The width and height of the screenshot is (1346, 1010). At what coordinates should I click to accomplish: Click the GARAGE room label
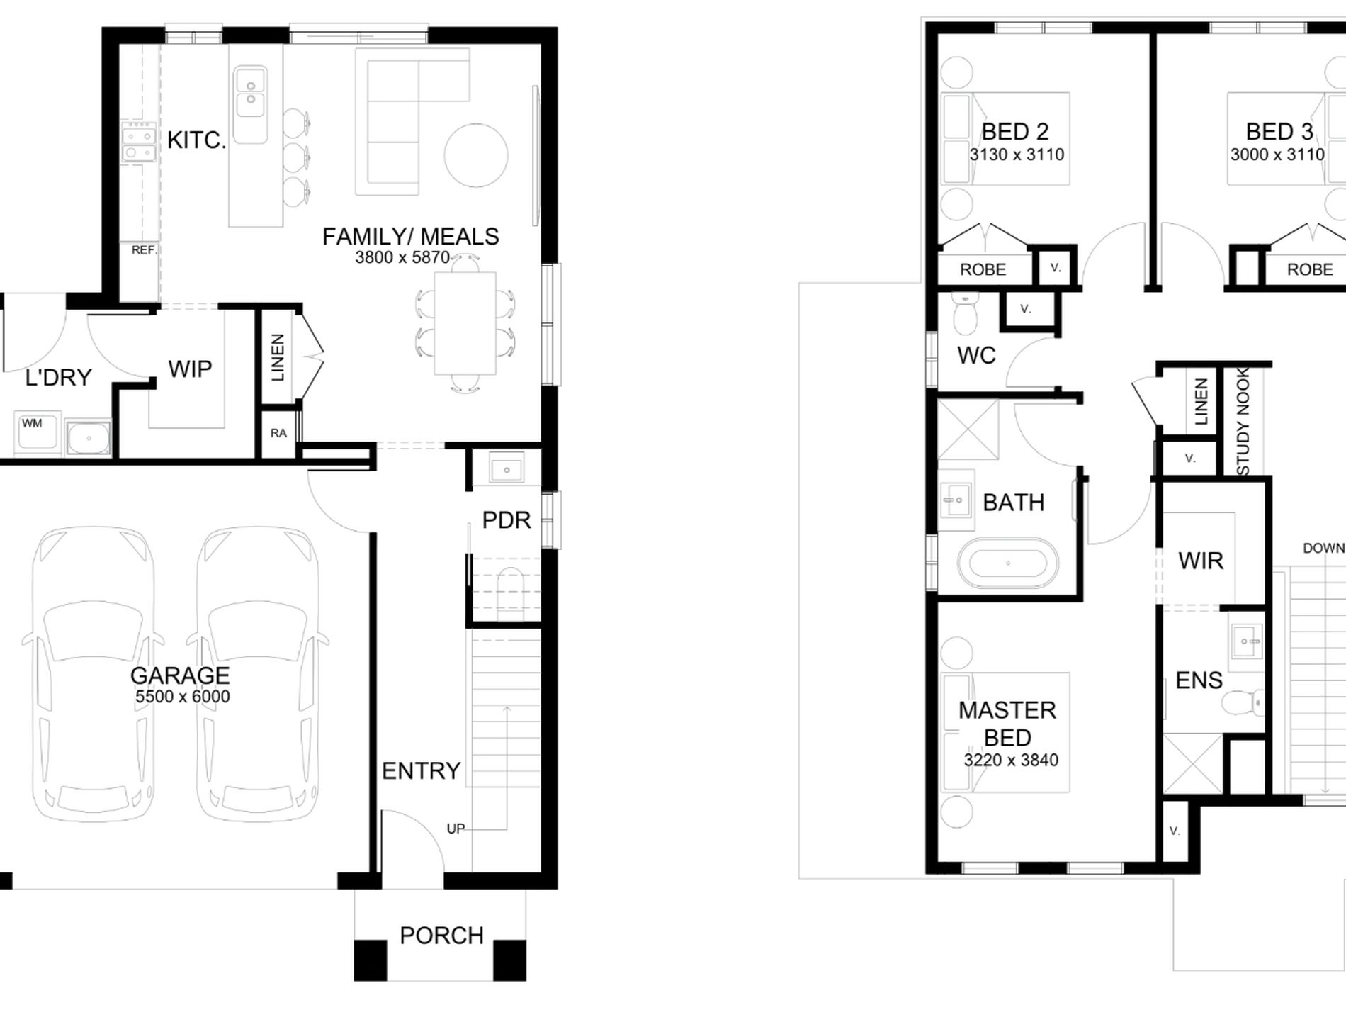[180, 675]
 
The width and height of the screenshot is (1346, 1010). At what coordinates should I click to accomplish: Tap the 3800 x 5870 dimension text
[402, 257]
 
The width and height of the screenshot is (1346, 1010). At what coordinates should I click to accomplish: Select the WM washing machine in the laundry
[37, 431]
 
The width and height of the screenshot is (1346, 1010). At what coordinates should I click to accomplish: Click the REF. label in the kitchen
[144, 250]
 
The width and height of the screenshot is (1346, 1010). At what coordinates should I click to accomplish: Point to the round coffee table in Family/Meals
[476, 156]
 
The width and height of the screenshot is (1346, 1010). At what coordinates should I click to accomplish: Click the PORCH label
[441, 936]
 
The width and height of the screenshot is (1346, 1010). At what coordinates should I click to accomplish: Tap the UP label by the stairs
[456, 829]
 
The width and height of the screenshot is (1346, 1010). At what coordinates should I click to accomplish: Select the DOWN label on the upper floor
[1323, 548]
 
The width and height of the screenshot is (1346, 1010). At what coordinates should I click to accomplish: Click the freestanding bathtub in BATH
[1007, 563]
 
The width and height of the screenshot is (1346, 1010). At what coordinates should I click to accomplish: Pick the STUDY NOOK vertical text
[1243, 421]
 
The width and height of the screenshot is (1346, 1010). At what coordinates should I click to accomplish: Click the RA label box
[278, 433]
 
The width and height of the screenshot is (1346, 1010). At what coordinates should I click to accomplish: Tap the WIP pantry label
[190, 369]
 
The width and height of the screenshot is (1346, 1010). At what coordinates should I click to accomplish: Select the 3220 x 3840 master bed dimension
[1011, 760]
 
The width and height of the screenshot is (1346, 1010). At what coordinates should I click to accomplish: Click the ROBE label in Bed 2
[983, 269]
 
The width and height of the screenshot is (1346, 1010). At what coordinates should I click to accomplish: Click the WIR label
[1201, 561]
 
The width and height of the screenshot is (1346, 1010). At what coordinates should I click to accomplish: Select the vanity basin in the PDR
[506, 469]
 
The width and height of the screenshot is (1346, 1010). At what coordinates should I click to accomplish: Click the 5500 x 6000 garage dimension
[183, 697]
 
